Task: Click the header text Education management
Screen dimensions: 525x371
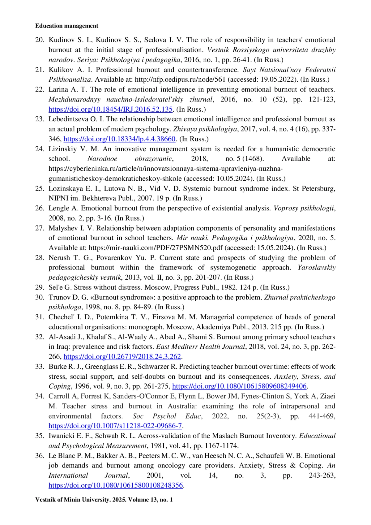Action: pos(66,26)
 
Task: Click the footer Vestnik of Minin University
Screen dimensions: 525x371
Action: pos(104,499)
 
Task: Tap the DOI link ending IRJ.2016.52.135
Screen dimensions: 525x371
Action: pos(110,109)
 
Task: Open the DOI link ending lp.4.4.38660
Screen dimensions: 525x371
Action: pos(119,139)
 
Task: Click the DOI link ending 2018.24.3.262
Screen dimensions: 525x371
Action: pos(122,356)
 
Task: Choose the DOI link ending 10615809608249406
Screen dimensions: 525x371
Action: pos(239,386)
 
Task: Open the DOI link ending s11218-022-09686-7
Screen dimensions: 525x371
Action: pos(115,426)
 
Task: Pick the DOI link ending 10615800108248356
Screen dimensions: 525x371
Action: pos(116,485)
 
